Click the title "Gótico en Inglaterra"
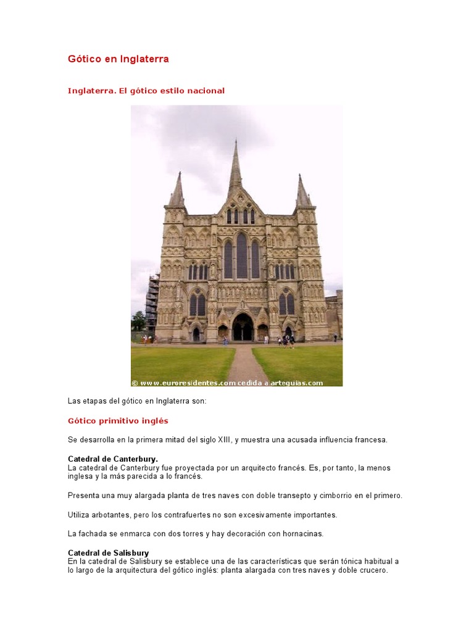pos(118,59)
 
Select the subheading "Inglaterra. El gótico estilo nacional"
pos(146,91)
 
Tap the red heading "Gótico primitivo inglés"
pos(117,421)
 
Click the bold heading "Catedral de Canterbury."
pos(112,459)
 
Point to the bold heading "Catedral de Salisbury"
pos(108,553)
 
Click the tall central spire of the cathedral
pos(235,167)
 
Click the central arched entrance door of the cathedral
pos(242,328)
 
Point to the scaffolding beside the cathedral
pos(152,302)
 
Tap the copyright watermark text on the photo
pos(227,383)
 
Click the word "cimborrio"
pos(349,496)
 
